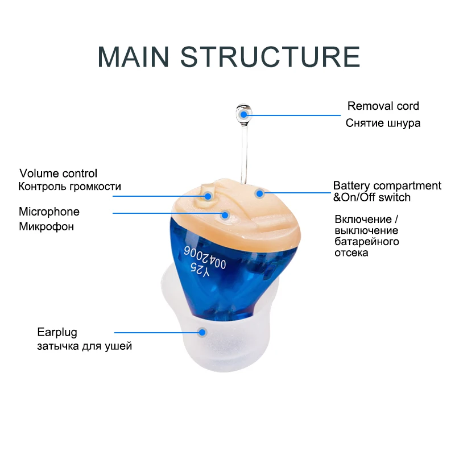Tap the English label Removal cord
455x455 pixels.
pos(383,106)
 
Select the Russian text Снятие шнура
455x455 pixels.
pos(383,123)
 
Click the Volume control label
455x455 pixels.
pos(58,173)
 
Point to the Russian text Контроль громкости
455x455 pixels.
pos(69,187)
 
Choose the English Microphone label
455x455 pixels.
pos(49,212)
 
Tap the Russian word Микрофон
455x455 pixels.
pos(47,226)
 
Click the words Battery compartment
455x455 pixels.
pos(387,186)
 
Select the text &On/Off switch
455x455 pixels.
pos(371,197)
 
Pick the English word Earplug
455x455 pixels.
pos(57,332)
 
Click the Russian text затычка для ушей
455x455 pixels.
pos(84,345)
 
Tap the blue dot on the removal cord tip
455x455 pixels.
pos(245,114)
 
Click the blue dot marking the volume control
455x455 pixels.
pos(208,196)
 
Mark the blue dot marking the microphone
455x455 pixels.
pos(225,215)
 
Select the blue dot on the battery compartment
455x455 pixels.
pos(260,193)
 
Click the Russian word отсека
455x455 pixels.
pos(351,253)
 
